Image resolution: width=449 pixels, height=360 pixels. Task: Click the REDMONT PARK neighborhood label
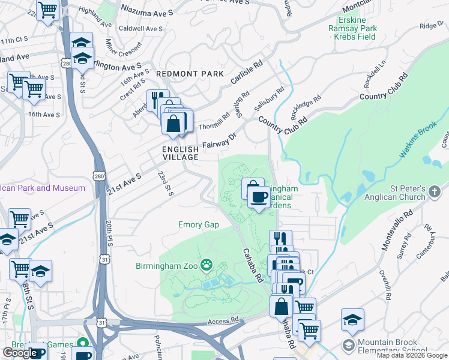[x=190, y=73]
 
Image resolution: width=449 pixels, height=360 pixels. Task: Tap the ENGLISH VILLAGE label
[x=180, y=153]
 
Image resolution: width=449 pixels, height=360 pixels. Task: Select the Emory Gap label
[x=199, y=225]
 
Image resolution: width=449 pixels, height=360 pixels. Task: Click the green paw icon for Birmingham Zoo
[x=206, y=263]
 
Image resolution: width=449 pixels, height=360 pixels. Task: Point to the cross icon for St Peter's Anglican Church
[x=435, y=192]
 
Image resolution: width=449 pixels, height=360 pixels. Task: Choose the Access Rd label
[x=223, y=322]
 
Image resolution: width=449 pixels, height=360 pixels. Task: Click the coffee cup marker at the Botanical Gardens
[x=259, y=198]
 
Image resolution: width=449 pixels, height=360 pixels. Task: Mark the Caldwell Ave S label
[x=141, y=29]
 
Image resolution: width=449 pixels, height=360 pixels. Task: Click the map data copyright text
[x=412, y=355]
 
